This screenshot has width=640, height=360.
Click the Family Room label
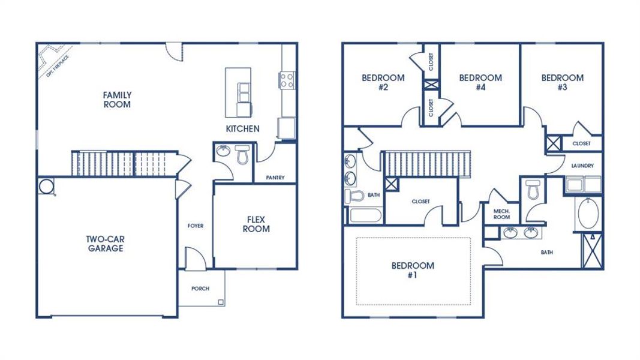click(x=117, y=100)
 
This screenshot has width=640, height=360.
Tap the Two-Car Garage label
click(x=105, y=243)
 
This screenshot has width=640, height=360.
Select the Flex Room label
click(x=256, y=224)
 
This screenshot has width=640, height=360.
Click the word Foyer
click(x=195, y=226)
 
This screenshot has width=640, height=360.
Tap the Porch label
click(x=200, y=289)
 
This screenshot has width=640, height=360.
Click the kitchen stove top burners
click(x=286, y=80)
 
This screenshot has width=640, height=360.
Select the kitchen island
click(x=239, y=92)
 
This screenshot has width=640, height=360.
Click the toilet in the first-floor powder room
click(x=242, y=155)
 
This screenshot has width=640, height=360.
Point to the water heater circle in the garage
click(x=46, y=187)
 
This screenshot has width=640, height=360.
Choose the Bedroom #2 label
click(x=383, y=82)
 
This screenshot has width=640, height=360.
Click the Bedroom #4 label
click(x=480, y=82)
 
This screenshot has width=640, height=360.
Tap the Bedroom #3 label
click(x=562, y=82)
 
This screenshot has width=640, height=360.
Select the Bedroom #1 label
click(x=413, y=270)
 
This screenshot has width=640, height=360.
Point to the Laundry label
click(x=582, y=166)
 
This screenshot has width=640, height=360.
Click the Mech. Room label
click(x=501, y=214)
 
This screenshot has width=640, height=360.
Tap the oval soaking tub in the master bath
click(x=588, y=214)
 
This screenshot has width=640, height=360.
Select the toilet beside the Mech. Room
click(x=532, y=191)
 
